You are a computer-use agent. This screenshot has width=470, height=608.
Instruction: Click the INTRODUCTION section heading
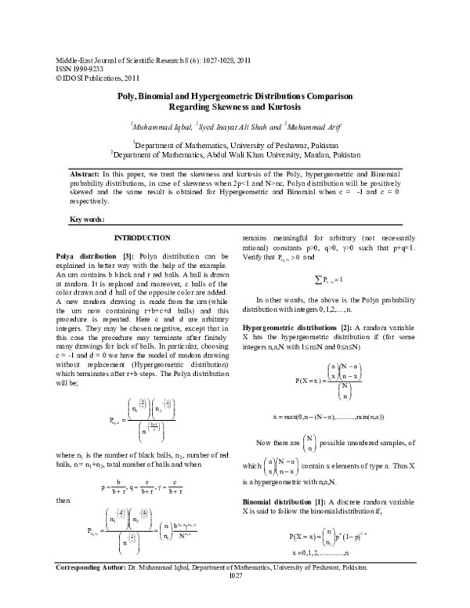pyautogui.click(x=143, y=237)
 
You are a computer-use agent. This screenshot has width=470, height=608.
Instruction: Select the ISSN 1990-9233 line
pyautogui.click(x=77, y=67)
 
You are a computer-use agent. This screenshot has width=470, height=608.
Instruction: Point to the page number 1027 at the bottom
pyautogui.click(x=234, y=598)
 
